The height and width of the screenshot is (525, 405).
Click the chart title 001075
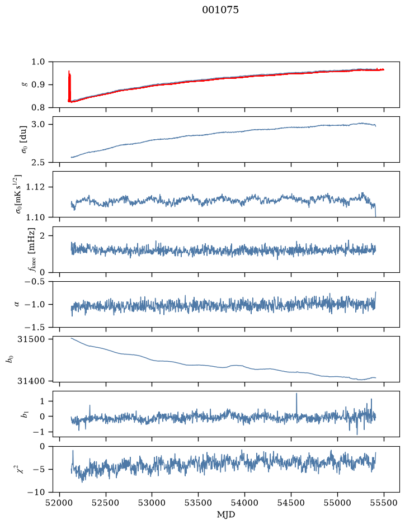[x=220, y=10]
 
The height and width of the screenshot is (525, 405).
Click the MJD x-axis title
[x=226, y=514]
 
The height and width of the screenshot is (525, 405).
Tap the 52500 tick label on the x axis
[x=106, y=503]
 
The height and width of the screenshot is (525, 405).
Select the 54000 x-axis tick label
[x=244, y=503]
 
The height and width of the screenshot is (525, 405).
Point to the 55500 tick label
[x=384, y=503]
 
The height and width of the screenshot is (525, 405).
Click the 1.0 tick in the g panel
[x=38, y=62]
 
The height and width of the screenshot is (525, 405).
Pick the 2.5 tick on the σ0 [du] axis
[x=38, y=162]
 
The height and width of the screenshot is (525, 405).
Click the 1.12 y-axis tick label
[x=35, y=187]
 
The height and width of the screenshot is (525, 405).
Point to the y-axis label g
[x=24, y=85]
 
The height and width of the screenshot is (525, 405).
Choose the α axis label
[x=17, y=304]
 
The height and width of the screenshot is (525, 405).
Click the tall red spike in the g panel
[x=69, y=86]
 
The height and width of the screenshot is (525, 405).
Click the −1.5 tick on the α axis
[x=35, y=327]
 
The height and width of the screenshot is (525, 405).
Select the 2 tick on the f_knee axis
[x=42, y=236]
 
